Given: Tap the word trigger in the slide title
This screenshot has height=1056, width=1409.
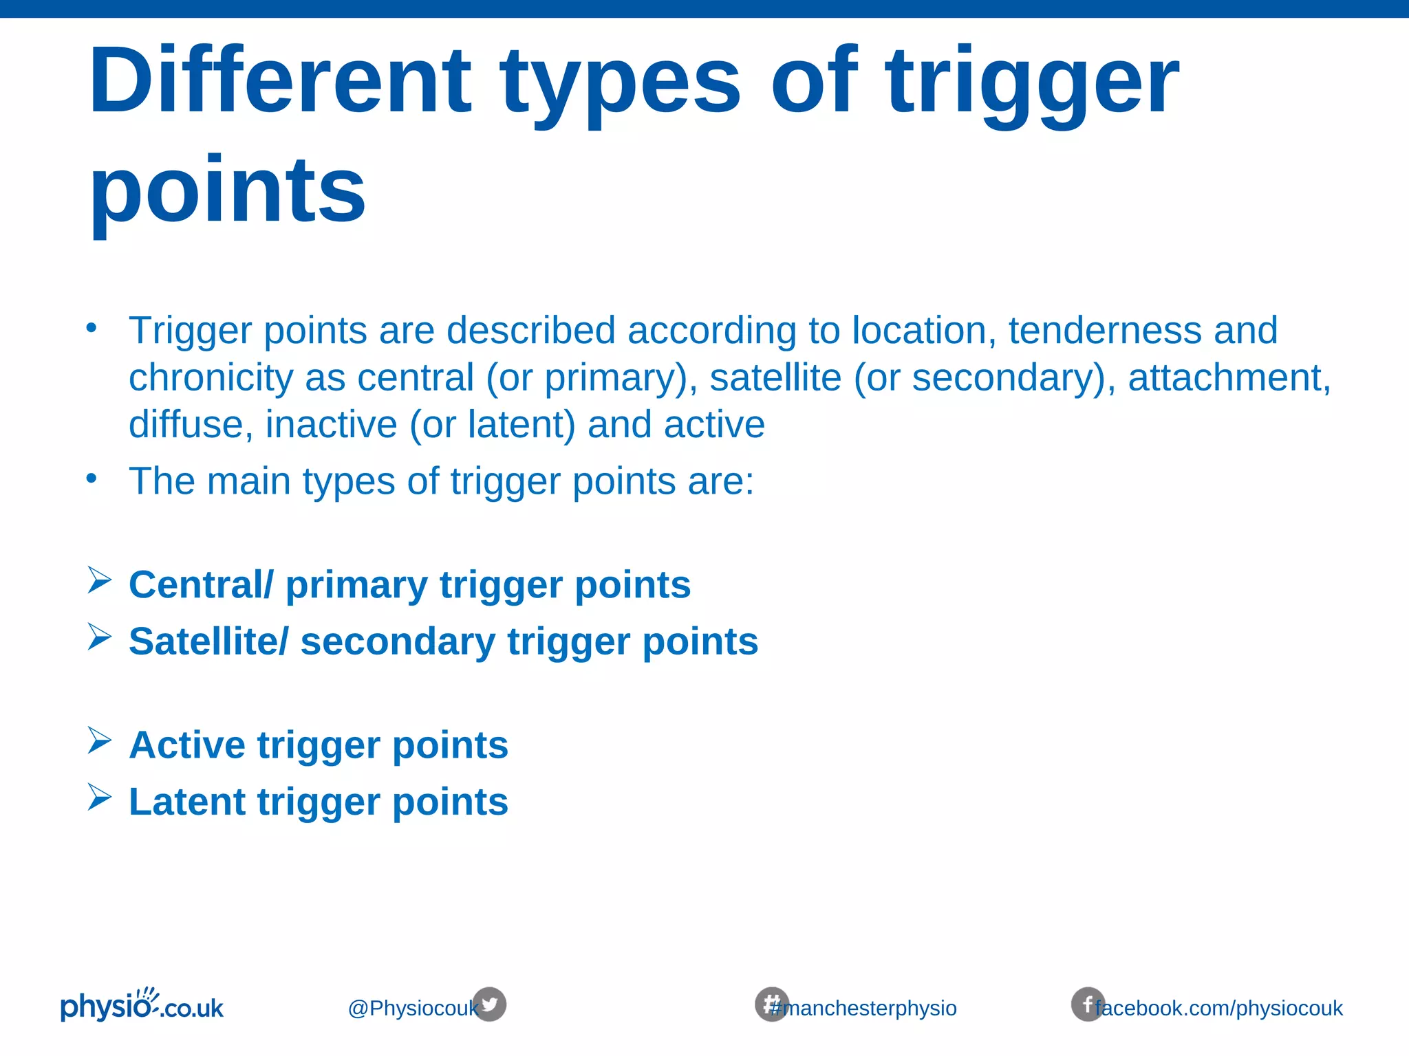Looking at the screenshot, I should click(x=1032, y=82).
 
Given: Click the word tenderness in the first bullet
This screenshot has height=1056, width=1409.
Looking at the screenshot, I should click(x=1104, y=331).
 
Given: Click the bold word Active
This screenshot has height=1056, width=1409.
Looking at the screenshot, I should click(x=186, y=745).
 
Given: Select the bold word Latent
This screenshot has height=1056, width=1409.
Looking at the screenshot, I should click(x=186, y=802).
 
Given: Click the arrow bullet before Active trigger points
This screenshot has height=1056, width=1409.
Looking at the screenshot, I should click(x=100, y=741).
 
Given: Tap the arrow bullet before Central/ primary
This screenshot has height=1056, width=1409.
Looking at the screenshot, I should click(x=100, y=580).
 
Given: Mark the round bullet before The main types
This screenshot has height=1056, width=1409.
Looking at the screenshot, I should click(x=92, y=478).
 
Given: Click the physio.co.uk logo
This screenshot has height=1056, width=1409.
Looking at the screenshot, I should click(x=142, y=1006).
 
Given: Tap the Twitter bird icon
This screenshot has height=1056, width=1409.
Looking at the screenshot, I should click(x=491, y=1004).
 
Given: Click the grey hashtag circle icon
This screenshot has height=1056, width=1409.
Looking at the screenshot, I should click(x=771, y=1004).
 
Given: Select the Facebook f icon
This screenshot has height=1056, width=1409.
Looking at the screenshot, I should click(x=1087, y=1004).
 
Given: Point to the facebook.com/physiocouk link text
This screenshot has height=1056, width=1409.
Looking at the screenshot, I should click(x=1219, y=1009).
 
